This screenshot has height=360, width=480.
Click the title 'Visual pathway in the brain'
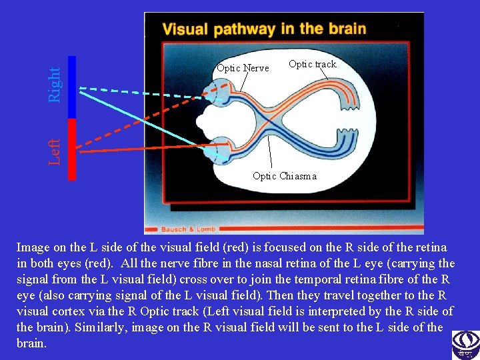tap(264, 29)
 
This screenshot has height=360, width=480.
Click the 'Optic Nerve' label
tap(243, 68)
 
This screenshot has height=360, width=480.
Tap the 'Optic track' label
tap(312, 64)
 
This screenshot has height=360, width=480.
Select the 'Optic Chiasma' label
tap(285, 176)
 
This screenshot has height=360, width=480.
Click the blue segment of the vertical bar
tap(72, 87)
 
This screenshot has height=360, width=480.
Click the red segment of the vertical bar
tap(72, 149)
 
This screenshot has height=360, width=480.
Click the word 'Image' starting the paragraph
tap(32, 247)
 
